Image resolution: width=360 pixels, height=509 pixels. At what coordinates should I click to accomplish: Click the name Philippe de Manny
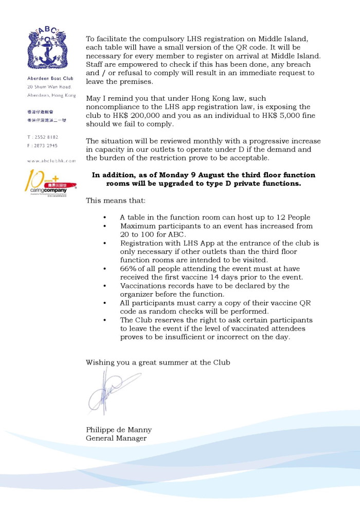tap(119, 430)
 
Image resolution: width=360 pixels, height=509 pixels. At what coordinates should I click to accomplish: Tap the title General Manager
tap(116, 438)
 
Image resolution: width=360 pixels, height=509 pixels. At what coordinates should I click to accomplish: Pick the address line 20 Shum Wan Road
tap(49, 87)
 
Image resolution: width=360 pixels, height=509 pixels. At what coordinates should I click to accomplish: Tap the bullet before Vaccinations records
tap(105, 286)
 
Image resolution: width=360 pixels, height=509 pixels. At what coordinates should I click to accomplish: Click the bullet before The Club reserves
tap(105, 320)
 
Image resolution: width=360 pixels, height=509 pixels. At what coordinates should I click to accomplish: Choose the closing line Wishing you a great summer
tap(158, 362)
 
